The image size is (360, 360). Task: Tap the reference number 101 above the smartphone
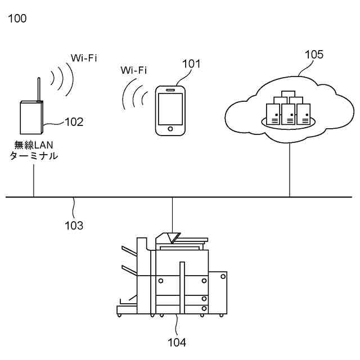tap(191, 64)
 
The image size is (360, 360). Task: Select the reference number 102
tap(74, 121)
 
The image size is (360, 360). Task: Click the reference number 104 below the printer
tap(177, 341)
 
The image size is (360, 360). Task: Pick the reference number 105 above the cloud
tap(314, 55)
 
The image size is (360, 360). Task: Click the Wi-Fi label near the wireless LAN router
tap(83, 57)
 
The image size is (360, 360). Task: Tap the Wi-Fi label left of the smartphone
tap(134, 71)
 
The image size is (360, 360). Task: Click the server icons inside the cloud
tap(289, 109)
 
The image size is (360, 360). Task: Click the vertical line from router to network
tap(34, 179)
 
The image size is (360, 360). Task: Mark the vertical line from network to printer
tap(173, 214)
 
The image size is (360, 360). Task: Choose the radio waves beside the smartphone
tap(134, 93)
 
